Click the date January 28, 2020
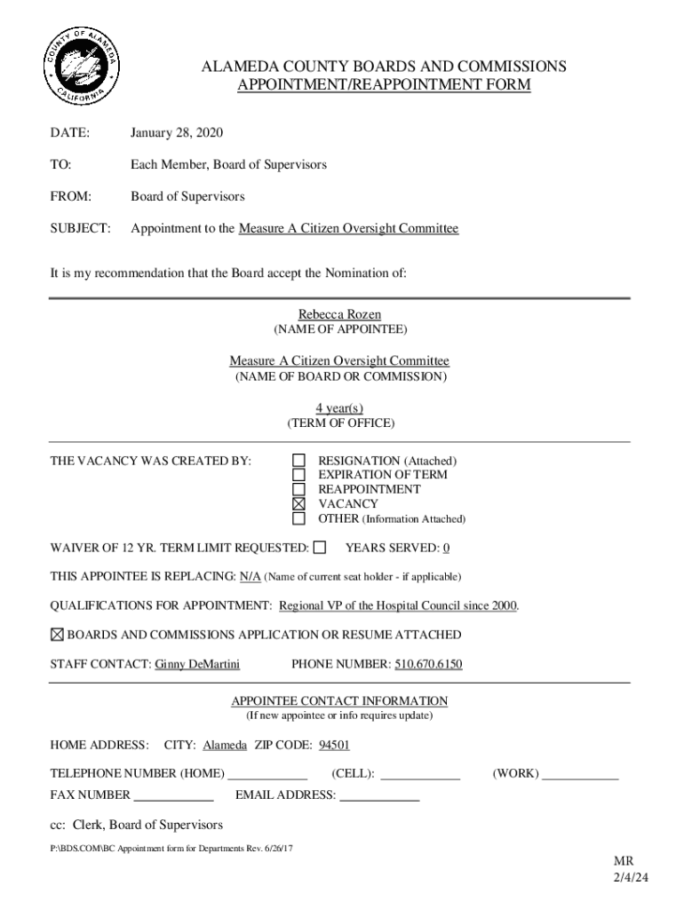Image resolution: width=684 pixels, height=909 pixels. pos(177,133)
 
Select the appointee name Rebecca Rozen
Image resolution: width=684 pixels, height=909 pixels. pos(339,314)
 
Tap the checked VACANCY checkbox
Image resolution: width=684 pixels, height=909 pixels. pos(299,503)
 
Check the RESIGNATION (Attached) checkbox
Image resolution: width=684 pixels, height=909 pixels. pos(299,461)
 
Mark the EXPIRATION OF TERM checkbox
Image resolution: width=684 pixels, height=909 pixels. pos(299,475)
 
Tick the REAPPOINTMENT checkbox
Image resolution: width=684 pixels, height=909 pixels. pos(299,489)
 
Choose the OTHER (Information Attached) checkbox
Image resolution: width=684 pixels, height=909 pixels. pos(299,518)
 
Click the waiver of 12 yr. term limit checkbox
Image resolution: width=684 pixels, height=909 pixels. pos(320,548)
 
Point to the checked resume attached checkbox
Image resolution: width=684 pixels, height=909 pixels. pos(57,635)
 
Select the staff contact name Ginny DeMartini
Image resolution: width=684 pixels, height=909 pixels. pos(197,664)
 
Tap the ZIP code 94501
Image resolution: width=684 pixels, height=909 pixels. pos(335,745)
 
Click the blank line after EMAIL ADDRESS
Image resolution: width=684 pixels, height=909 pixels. pos(380,795)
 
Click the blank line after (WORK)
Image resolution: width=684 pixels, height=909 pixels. pos(580,774)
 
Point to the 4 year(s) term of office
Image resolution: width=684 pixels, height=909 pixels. pos(339,408)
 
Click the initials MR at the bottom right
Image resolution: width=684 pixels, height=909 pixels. pos(624,861)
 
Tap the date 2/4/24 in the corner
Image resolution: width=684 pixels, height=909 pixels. pos(625,877)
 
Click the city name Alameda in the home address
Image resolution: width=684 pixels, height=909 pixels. pos(225,745)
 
